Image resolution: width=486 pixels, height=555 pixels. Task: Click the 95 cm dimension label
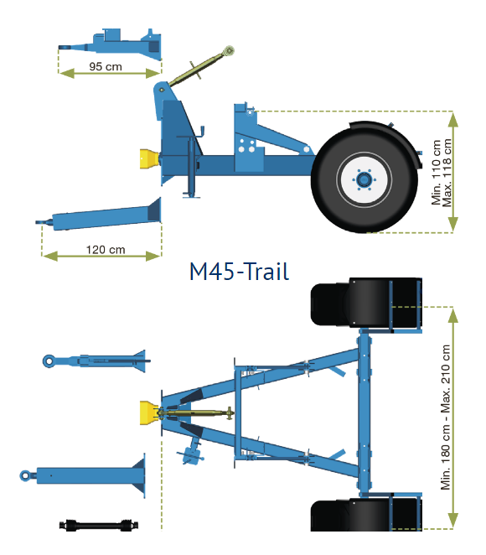pos(106,66)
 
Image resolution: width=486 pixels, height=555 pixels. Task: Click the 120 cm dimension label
pos(106,250)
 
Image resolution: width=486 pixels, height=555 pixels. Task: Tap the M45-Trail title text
pos(239,272)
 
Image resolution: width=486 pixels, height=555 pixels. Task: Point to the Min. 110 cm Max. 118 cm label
pos(441,173)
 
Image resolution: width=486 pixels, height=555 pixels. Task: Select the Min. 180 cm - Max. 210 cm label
pos(445,418)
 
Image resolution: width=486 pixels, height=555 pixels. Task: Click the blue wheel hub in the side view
pos(364,179)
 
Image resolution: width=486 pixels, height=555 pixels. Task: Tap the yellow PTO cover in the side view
pos(148,159)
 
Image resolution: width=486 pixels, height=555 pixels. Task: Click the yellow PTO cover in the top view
pos(149,412)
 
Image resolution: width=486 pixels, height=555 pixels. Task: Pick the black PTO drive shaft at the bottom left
pos(99,526)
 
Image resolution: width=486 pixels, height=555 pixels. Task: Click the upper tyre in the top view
pos(366,302)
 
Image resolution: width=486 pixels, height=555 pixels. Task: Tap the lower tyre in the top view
pos(366,514)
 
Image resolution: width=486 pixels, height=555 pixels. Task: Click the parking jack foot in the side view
pos(191,195)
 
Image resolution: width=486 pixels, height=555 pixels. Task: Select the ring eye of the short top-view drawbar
pos(49,361)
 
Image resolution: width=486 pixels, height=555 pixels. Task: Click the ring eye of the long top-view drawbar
pos(25,475)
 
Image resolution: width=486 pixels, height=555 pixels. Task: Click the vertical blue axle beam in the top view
pos(364,412)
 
